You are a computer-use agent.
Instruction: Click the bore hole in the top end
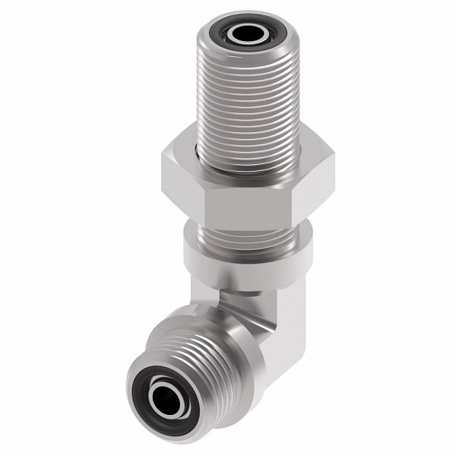[245, 33]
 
